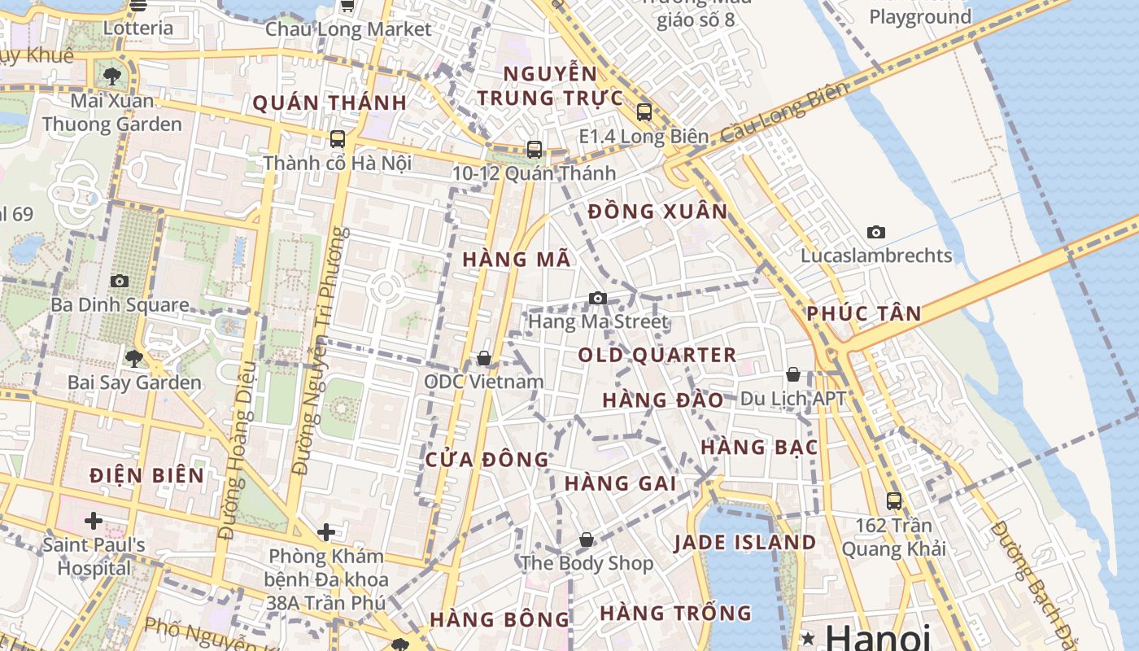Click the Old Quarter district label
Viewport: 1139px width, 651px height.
coord(657,356)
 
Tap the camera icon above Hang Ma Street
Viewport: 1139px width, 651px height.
coord(598,298)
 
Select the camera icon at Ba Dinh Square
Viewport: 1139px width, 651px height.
coord(120,281)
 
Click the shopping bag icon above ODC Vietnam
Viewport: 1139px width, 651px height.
coord(484,358)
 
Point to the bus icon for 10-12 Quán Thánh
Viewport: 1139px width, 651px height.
coord(535,150)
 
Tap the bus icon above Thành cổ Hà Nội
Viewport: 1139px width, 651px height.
coord(338,139)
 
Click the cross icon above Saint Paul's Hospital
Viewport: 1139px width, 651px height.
coord(94,520)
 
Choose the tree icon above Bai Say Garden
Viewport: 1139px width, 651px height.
coord(134,358)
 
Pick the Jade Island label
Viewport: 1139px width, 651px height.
coord(745,543)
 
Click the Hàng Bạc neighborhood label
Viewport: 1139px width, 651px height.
coord(759,447)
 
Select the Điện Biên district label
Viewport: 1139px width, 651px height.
coord(147,475)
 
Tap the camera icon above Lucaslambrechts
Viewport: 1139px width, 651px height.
coord(876,232)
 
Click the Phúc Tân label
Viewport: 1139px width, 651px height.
coord(864,313)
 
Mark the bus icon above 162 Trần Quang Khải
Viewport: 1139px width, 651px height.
coord(894,501)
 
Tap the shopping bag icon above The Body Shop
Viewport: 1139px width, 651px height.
coord(587,540)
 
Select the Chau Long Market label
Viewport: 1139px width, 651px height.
coord(348,29)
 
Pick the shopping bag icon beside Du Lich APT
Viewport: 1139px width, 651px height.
coord(793,374)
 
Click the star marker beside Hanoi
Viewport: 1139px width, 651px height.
coord(809,637)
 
